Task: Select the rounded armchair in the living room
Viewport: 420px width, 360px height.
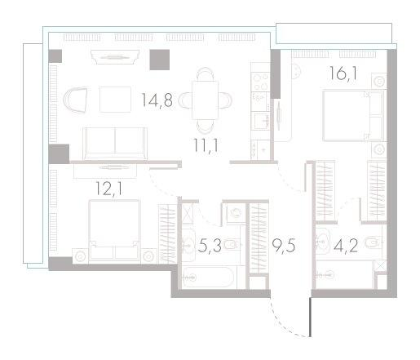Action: tap(77, 100)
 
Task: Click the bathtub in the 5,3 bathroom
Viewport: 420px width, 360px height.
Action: tap(211, 274)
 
